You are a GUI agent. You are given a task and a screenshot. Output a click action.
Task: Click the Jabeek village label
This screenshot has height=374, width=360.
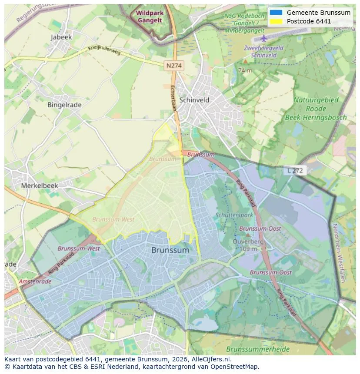click(x=61, y=37)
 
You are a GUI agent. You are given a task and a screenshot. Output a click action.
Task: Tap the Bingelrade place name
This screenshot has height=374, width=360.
click(x=64, y=105)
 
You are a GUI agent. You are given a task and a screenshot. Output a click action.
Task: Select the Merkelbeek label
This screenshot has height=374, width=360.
click(x=40, y=185)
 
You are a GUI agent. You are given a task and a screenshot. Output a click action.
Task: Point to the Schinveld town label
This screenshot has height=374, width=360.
click(x=194, y=100)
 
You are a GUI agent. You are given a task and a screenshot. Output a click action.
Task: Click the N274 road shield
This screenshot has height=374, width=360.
click(x=174, y=65)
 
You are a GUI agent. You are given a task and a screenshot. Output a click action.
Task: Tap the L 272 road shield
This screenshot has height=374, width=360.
click(x=295, y=171)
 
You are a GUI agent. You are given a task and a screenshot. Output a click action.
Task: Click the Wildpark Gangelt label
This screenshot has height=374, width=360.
click(x=149, y=17)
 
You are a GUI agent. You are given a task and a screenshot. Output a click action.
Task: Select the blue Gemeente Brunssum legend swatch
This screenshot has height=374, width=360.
click(x=276, y=13)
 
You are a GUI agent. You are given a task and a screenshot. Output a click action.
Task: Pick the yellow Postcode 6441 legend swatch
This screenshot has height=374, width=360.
click(x=276, y=21)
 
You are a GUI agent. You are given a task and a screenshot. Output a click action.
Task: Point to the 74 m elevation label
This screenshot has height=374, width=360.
click(x=245, y=70)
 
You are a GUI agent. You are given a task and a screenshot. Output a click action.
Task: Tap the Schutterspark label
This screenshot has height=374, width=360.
click(x=234, y=215)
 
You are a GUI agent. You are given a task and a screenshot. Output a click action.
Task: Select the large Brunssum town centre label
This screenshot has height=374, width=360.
click(x=170, y=250)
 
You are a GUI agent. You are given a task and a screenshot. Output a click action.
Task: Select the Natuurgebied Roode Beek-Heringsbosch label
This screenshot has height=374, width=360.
click(x=316, y=109)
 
